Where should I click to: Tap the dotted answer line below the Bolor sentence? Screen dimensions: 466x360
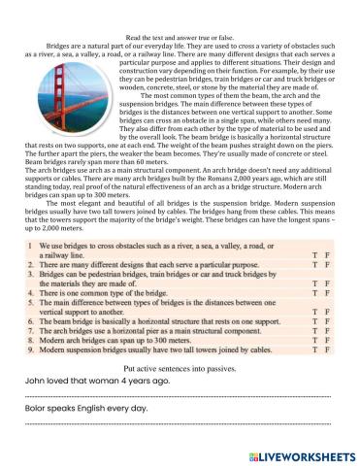point(180,425)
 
